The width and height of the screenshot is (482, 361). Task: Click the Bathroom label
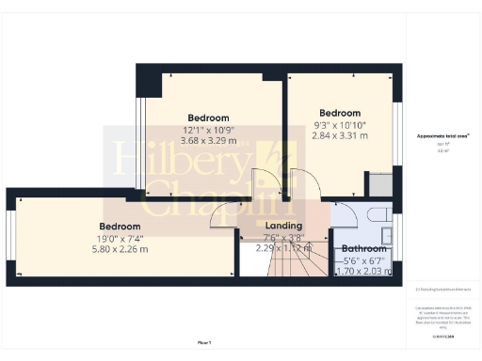click(362, 249)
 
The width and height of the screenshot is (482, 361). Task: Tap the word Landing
click(283, 226)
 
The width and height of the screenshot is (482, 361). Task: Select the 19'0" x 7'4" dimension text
click(120, 239)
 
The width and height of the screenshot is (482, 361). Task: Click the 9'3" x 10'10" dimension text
click(340, 124)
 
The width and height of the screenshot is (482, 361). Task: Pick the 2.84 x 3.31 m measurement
click(340, 135)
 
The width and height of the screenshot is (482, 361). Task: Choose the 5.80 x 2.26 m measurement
click(120, 250)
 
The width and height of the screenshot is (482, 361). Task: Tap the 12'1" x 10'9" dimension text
click(209, 130)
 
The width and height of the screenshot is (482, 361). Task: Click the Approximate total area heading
click(443, 136)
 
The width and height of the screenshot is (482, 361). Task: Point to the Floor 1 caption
click(205, 342)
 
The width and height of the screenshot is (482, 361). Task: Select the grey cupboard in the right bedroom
click(379, 185)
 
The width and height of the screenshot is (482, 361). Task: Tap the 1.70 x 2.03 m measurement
click(362, 272)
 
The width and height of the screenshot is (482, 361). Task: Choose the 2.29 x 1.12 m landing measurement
click(283, 249)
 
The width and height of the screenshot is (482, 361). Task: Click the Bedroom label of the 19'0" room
click(120, 227)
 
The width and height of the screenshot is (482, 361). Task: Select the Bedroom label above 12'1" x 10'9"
click(209, 118)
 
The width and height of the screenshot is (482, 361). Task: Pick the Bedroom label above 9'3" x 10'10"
click(340, 112)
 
